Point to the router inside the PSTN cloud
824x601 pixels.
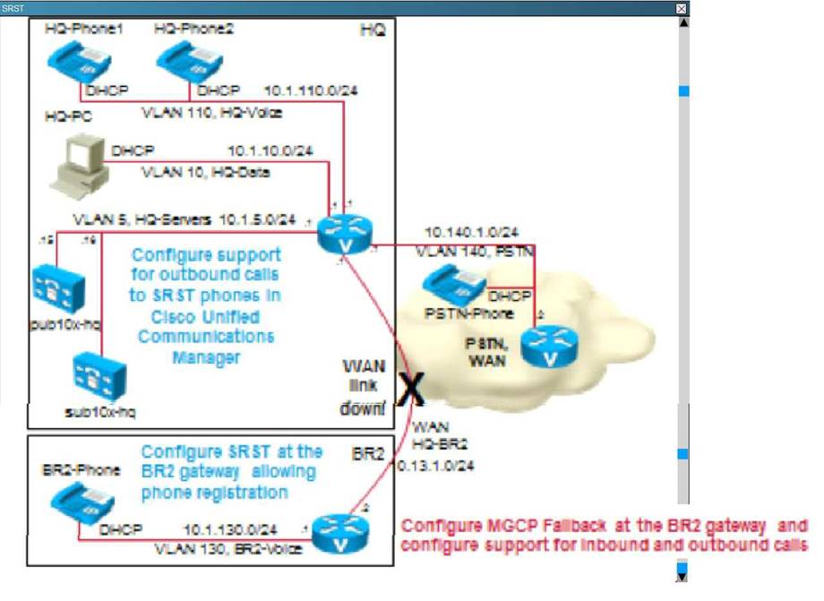coord(545,346)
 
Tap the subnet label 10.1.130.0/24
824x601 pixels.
coord(230,529)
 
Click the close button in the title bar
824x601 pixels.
coord(682,8)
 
